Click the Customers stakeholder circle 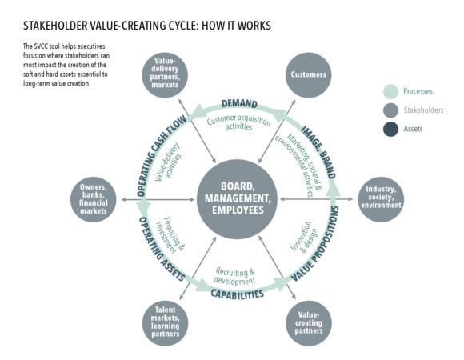[309, 74]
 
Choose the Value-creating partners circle [309, 320]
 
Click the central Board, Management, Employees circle [236, 197]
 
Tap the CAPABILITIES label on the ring [237, 294]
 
